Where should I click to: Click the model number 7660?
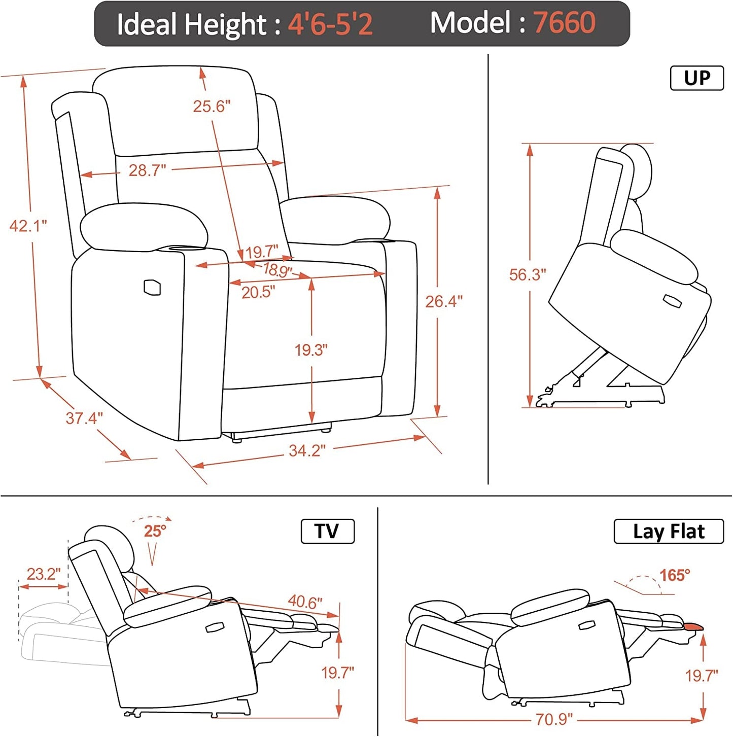tap(564, 23)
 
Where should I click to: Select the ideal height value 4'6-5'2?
tap(330, 24)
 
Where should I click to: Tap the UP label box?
tap(696, 78)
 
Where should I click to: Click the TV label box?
tap(327, 531)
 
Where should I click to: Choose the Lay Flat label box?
tap(668, 531)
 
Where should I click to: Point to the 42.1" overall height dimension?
tap(28, 226)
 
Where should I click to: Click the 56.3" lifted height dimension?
tap(528, 274)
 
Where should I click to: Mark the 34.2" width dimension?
tap(307, 450)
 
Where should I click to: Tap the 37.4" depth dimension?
tap(84, 418)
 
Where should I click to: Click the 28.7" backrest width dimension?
tap(147, 170)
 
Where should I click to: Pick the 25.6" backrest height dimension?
tap(212, 107)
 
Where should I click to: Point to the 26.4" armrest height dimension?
tap(443, 301)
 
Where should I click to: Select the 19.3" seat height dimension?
tap(311, 349)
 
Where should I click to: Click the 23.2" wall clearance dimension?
tap(43, 574)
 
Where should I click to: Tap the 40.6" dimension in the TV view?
tap(305, 602)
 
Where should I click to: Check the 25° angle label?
tap(155, 531)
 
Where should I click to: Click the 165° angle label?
tap(675, 575)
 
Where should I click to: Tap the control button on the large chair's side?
tap(152, 287)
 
